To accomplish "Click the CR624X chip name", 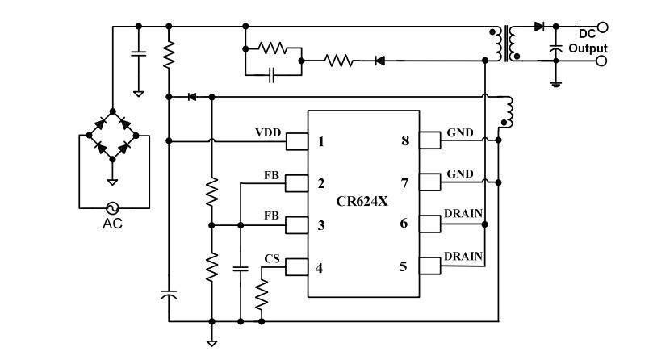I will tap(362, 202).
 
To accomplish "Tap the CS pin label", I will tap(272, 257).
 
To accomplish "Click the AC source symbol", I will tap(112, 207).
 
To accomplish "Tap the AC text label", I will tap(112, 224).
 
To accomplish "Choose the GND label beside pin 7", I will tap(458, 173).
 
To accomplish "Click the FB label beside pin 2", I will tap(272, 173).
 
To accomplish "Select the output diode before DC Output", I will tap(539, 27).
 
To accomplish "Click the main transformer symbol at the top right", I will tap(505, 45).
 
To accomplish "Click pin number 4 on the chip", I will tap(320, 266).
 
